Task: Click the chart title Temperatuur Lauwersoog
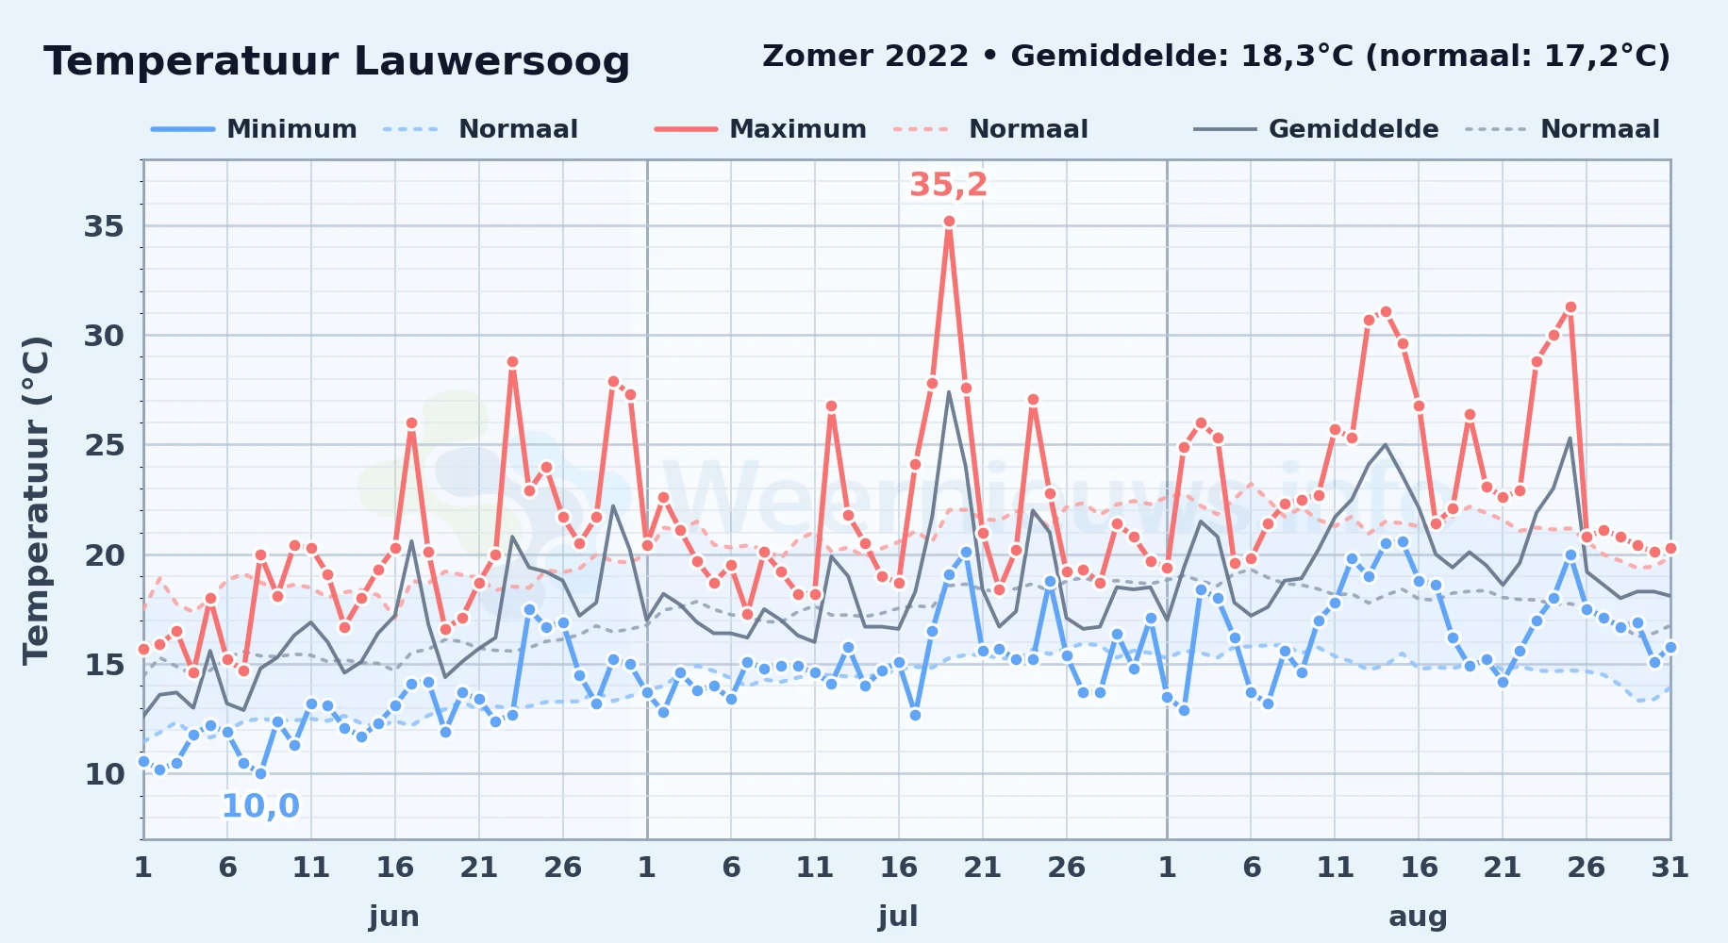pos(337,61)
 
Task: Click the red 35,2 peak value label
pos(948,185)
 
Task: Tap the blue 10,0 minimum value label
pos(260,806)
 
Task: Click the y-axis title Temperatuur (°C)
pos(36,500)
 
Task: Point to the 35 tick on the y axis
pos(104,226)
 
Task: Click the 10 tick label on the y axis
pos(104,774)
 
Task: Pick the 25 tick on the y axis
pos(104,445)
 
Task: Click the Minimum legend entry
pos(255,129)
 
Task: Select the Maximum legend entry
pos(760,129)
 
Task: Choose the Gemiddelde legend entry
pos(1317,129)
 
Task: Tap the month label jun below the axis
pos(394,917)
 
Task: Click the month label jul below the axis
pos(898,917)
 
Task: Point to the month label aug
pos(1418,917)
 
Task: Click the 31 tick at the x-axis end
pos(1670,868)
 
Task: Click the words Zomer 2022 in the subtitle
pos(865,57)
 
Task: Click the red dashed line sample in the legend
pos(921,129)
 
